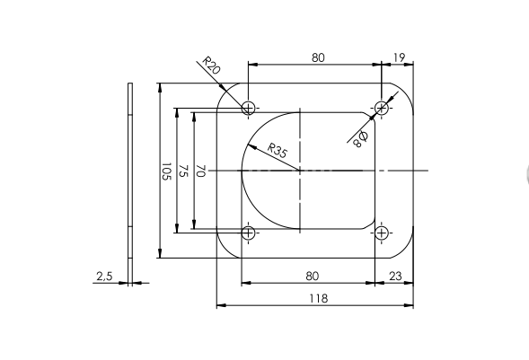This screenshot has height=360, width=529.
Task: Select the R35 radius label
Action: [277, 152]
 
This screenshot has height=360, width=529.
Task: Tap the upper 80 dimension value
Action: [318, 57]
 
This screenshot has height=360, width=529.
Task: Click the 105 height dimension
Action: [166, 171]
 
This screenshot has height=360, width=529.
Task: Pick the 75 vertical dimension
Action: [183, 171]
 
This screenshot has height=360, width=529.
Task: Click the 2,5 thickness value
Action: [103, 277]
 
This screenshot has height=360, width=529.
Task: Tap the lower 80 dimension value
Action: [313, 277]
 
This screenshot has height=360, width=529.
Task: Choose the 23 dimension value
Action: [396, 277]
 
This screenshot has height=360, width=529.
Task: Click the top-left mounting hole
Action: [249, 108]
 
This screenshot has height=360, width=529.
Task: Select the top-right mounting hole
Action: [383, 108]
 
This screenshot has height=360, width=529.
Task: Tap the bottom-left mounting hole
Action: [249, 233]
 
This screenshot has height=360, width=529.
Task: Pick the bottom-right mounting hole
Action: [383, 233]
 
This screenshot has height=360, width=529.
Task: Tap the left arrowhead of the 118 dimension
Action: [221, 305]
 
